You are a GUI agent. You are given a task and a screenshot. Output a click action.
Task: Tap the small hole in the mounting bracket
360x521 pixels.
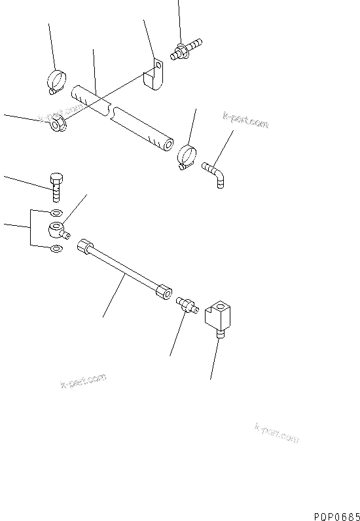coord(157,65)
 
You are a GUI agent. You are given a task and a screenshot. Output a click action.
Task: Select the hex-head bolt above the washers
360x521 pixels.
coord(56,186)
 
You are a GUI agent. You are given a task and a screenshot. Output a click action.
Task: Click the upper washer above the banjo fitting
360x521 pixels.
coord(56,213)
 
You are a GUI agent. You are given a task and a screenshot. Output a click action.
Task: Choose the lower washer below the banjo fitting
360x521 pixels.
coord(56,248)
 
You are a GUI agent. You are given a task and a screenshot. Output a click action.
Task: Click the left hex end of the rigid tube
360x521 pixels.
coord(85,247)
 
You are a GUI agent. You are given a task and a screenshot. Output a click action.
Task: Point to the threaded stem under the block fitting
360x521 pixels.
coord(220,335)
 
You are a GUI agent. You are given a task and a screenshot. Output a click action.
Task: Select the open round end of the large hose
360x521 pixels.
coord(168,145)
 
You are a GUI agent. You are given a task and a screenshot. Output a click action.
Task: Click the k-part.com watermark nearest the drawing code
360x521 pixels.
coord(276,433)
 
